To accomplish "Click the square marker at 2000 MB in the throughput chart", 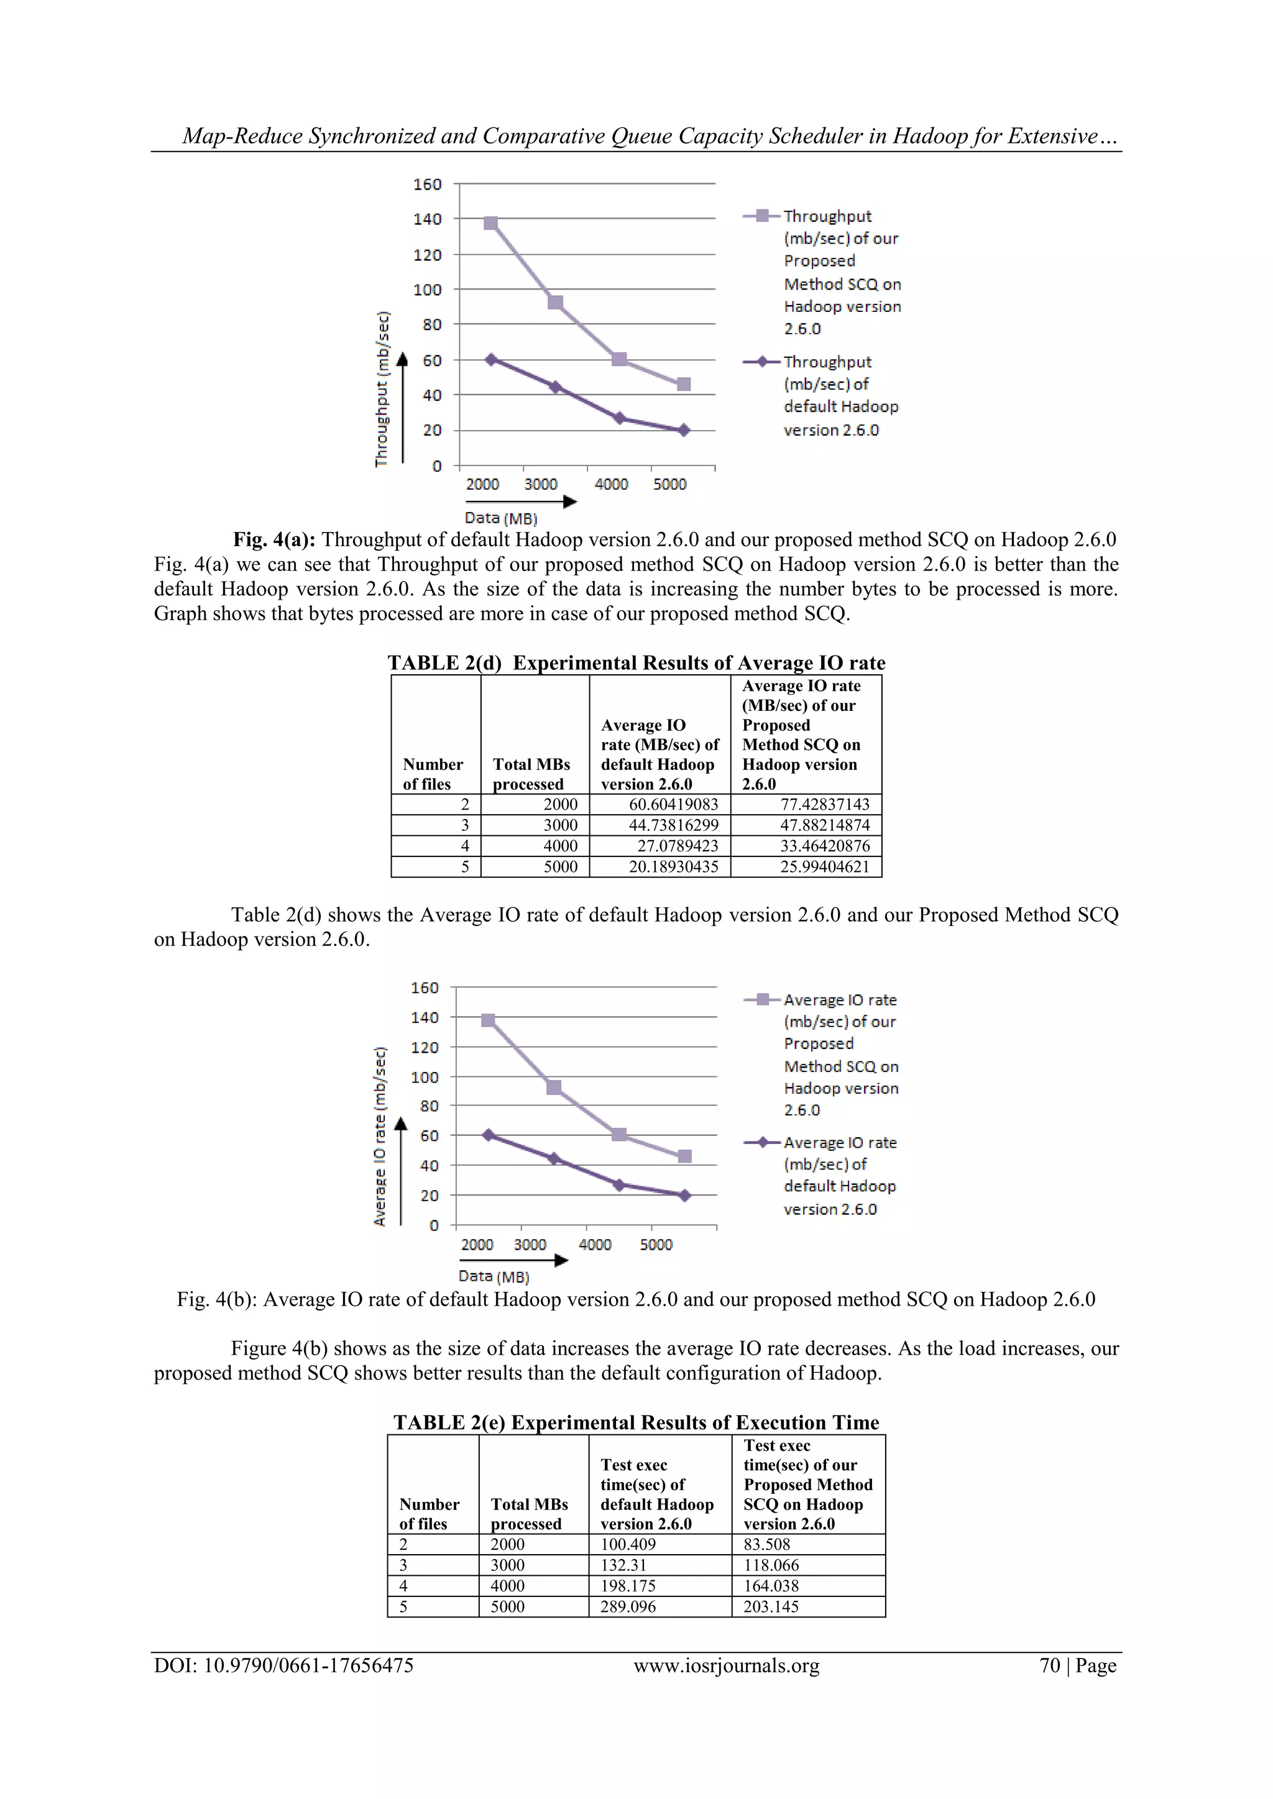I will click(x=490, y=223).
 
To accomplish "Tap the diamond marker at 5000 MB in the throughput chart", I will click(x=684, y=430).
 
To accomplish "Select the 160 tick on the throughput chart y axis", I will click(x=427, y=184).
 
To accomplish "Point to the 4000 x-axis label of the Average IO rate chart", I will click(x=595, y=1244).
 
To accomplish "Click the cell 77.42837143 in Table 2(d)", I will click(x=825, y=804).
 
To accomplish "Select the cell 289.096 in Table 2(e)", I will click(x=628, y=1606).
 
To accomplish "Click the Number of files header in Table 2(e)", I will click(x=429, y=1514).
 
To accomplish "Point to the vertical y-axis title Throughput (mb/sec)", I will click(x=382, y=390).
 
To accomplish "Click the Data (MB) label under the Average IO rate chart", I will click(x=494, y=1276).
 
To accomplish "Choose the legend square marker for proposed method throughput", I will click(x=762, y=216).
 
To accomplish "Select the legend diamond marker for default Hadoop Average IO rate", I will click(x=762, y=1142).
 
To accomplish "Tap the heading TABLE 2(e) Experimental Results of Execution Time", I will click(x=636, y=1422).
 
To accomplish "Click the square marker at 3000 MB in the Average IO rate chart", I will click(x=553, y=1087).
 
